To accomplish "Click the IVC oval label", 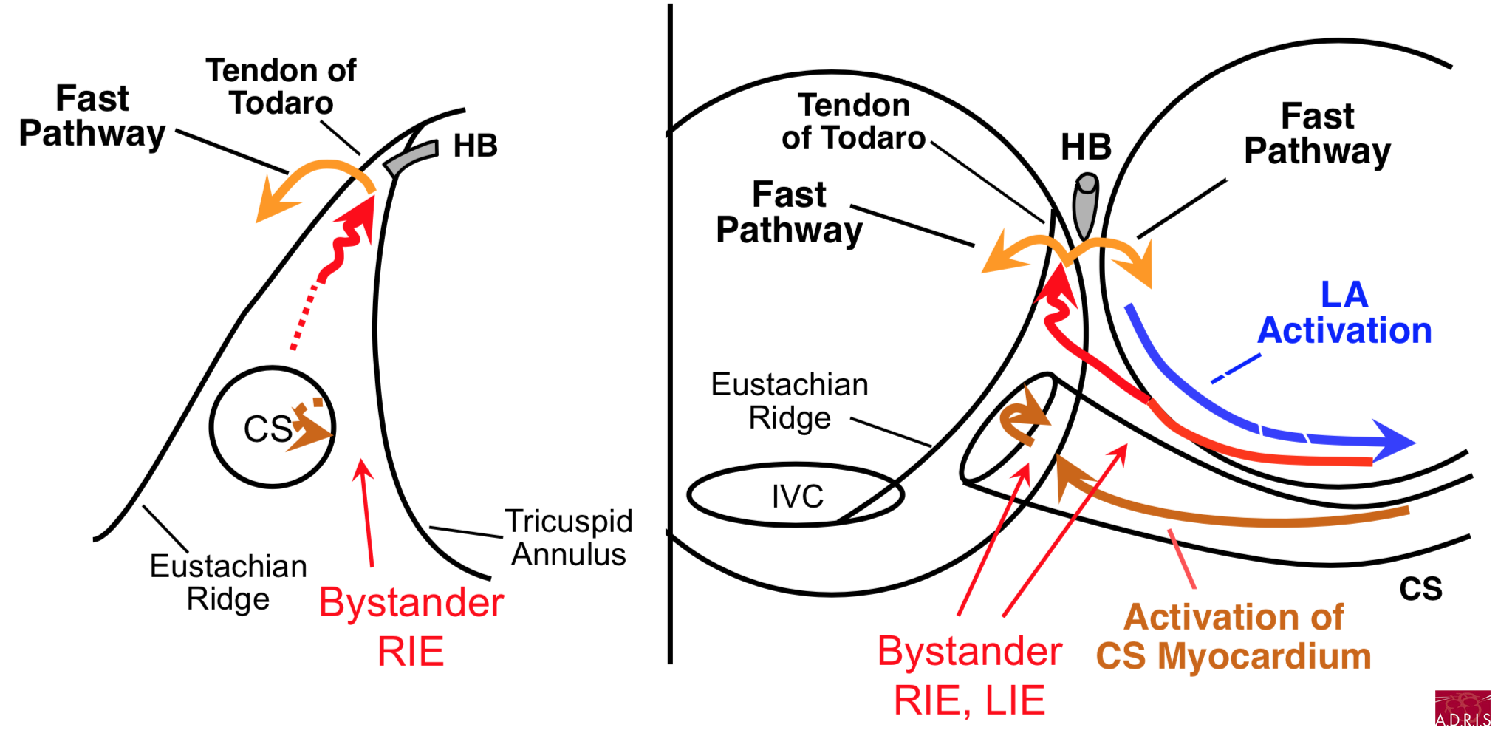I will (x=797, y=497).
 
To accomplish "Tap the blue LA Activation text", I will (x=1344, y=313).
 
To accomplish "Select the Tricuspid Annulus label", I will (x=569, y=537).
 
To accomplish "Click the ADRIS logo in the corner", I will (x=1462, y=709).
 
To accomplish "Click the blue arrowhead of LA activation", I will (x=1393, y=441).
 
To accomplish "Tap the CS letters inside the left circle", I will (x=267, y=429).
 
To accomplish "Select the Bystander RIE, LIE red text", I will (x=970, y=675).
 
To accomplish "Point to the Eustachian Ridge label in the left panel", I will (x=228, y=582).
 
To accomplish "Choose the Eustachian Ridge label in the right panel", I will (x=790, y=401).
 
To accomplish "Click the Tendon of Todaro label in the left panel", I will (x=281, y=86).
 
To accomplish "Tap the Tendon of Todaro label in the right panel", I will (x=854, y=122).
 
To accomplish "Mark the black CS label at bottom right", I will (x=1420, y=589).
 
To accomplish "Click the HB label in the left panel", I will (x=475, y=146).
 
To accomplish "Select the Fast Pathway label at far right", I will (x=1317, y=134).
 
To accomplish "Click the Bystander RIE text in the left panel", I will (x=411, y=627).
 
